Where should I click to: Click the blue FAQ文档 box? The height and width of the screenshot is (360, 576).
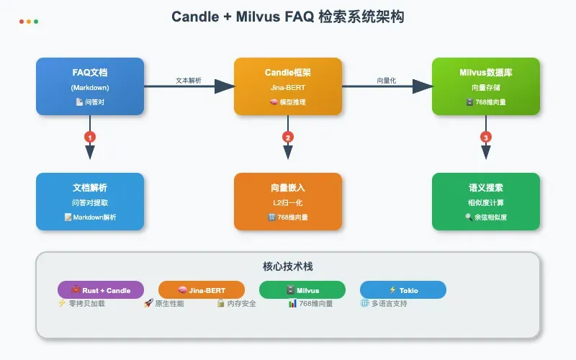click(90, 86)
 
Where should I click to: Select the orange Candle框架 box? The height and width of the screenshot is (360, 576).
click(288, 86)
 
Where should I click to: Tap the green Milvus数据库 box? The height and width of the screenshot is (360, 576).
click(486, 86)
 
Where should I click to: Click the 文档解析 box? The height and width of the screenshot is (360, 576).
click(90, 202)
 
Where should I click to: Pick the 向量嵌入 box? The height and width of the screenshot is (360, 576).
click(288, 202)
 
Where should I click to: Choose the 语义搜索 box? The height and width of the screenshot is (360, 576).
click(486, 202)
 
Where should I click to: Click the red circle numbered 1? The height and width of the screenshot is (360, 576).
click(90, 136)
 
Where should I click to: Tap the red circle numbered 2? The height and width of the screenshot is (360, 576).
click(288, 136)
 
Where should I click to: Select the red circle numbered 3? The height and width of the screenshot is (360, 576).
click(486, 136)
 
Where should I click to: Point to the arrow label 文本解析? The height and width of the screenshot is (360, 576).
click(189, 80)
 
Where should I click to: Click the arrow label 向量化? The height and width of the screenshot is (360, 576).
click(387, 80)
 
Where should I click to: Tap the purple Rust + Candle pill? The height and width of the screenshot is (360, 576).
click(101, 290)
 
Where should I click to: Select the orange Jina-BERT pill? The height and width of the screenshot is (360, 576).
click(202, 290)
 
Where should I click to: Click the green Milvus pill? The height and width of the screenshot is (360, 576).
click(302, 290)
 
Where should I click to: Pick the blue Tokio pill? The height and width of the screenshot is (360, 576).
click(403, 290)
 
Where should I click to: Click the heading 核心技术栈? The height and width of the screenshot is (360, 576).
click(288, 266)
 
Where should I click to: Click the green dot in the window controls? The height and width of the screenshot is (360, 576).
click(36, 22)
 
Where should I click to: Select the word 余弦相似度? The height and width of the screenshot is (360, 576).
click(490, 217)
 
